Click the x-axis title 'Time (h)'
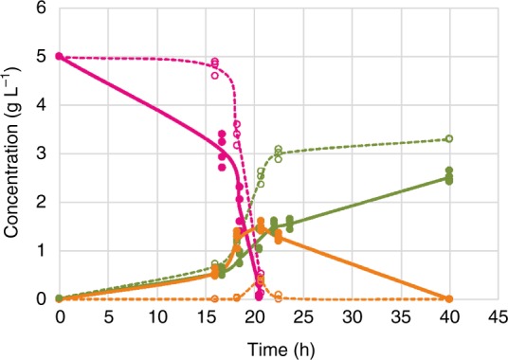pyautogui.click(x=278, y=347)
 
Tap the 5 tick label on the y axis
pyautogui.click(x=42, y=56)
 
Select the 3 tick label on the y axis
pyautogui.click(x=42, y=153)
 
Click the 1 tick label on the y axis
pyautogui.click(x=42, y=250)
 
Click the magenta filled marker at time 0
pyautogui.click(x=60, y=57)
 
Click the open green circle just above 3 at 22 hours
pyautogui.click(x=279, y=150)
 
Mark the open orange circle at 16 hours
pyautogui.click(x=214, y=298)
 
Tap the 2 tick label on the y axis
pyautogui.click(x=42, y=202)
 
